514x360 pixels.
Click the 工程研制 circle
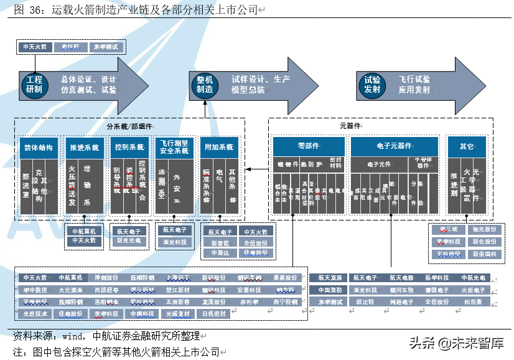click(x=35, y=85)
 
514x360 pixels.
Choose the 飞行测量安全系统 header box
click(x=174, y=147)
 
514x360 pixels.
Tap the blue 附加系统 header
click(x=219, y=148)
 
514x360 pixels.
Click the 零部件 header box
click(x=308, y=146)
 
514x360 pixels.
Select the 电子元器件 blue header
click(x=394, y=146)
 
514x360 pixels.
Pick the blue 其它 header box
click(x=467, y=146)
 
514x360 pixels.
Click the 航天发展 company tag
click(x=329, y=278)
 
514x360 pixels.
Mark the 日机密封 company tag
click(x=213, y=314)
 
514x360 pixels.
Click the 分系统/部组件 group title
click(x=129, y=126)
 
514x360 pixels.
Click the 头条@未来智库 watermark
click(x=456, y=342)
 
